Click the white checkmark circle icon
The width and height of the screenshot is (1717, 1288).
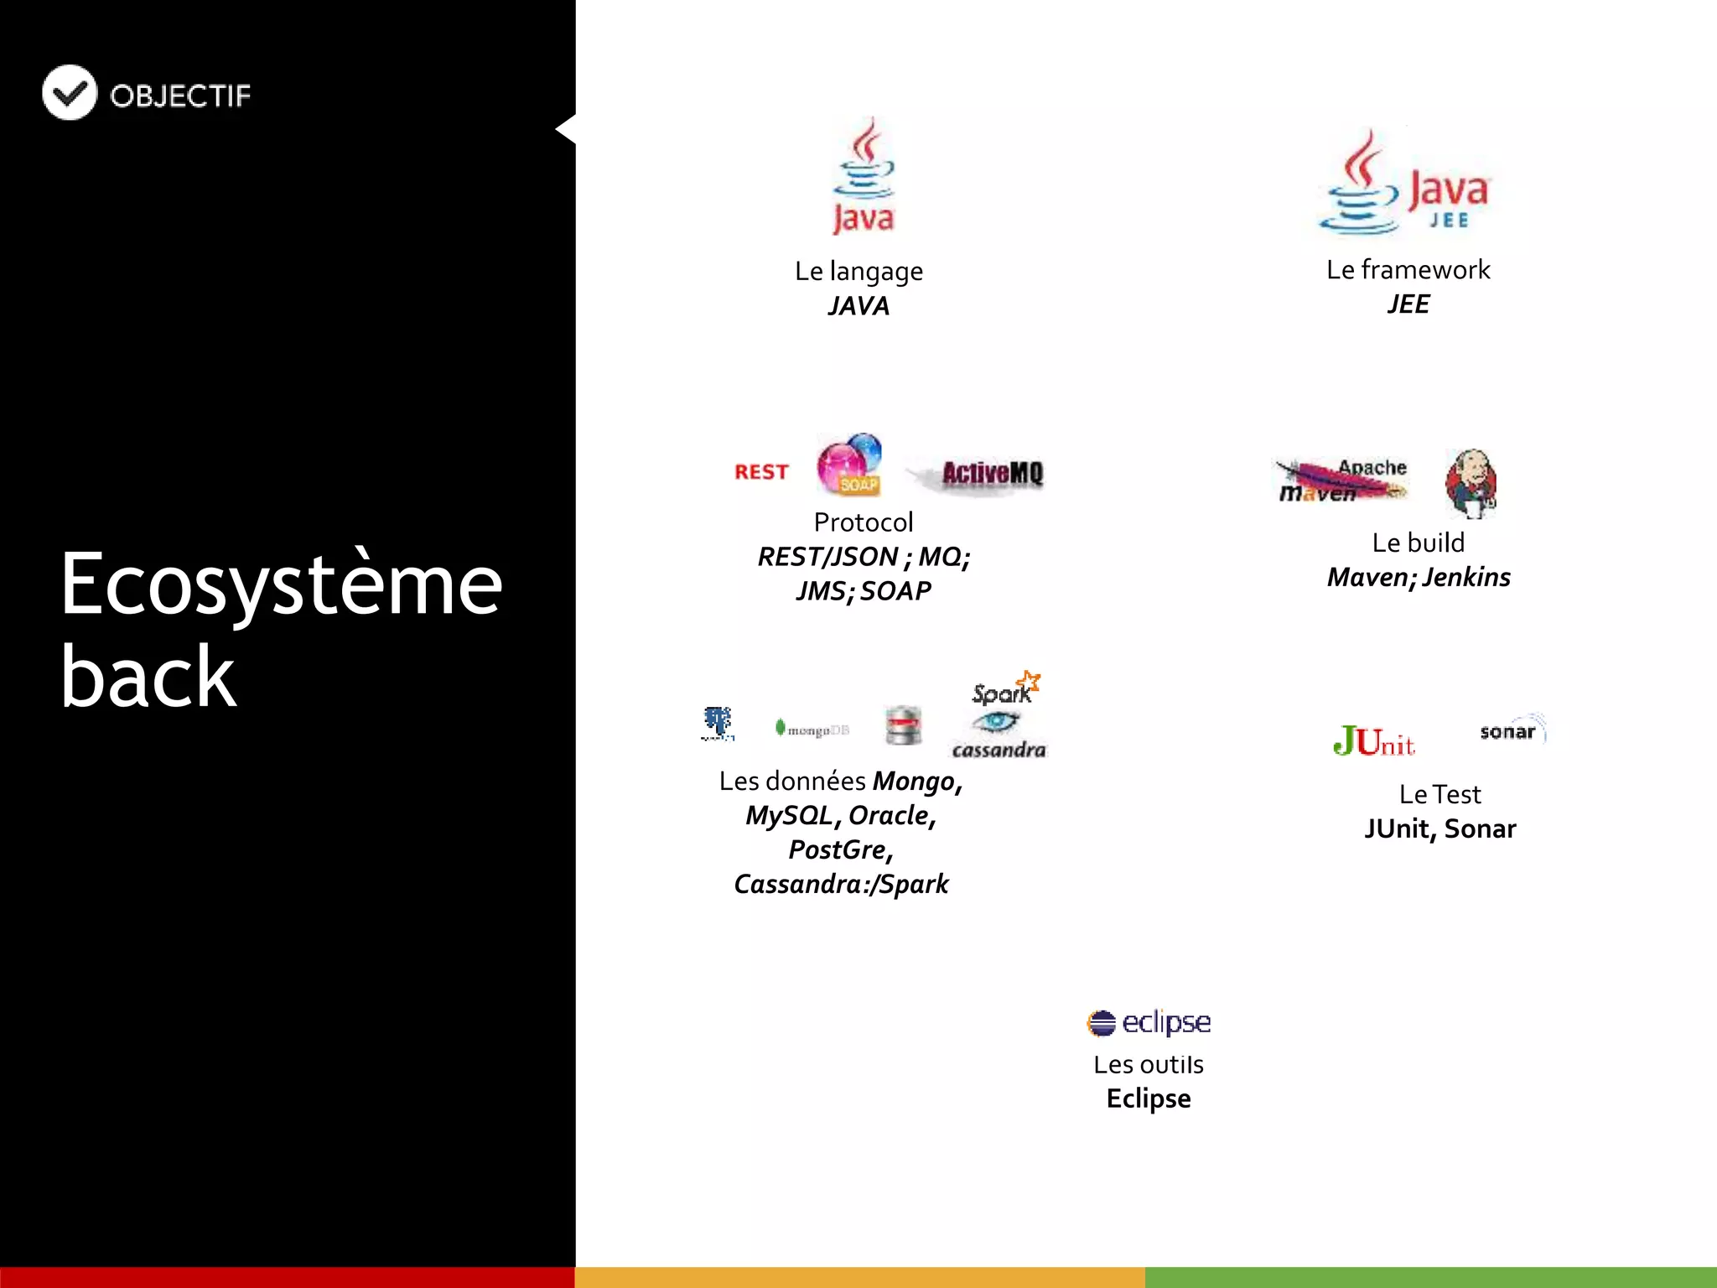(70, 92)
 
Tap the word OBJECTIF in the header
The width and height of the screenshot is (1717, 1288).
(180, 96)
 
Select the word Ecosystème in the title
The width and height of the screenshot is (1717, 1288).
(281, 584)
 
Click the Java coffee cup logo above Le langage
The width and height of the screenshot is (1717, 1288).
(864, 176)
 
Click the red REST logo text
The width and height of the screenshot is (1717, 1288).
(761, 472)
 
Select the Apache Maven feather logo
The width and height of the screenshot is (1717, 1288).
(1341, 480)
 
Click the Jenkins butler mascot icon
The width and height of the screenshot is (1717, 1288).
(1471, 482)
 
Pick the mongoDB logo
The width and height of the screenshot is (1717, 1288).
(812, 730)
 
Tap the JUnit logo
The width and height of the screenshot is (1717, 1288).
(1373, 741)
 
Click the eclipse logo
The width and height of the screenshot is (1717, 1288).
(1149, 1022)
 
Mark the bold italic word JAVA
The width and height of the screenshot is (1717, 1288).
(858, 306)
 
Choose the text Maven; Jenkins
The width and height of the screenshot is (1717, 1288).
(1419, 578)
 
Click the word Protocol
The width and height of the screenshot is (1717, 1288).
(864, 522)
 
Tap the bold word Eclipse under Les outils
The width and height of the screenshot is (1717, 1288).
(1149, 1098)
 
